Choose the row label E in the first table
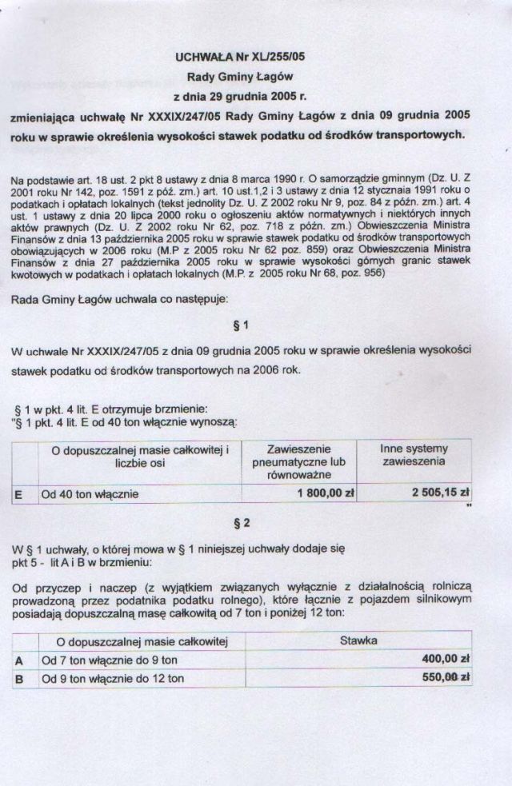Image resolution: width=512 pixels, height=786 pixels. pyautogui.click(x=18, y=494)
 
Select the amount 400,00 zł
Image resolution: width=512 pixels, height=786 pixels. pyautogui.click(x=445, y=659)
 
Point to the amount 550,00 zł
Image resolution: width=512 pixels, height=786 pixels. pyautogui.click(x=445, y=678)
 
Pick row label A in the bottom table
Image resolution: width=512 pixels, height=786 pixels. pyautogui.click(x=18, y=660)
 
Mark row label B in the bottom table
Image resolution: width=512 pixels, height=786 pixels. pyautogui.click(x=18, y=679)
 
